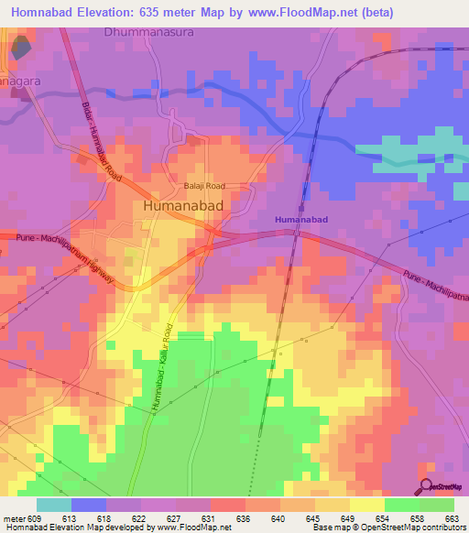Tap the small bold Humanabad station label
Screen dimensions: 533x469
click(301, 221)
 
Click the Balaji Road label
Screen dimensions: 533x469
click(206, 185)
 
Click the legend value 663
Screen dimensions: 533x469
click(452, 519)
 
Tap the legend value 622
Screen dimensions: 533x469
click(140, 519)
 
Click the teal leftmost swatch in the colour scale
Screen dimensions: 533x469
click(54, 505)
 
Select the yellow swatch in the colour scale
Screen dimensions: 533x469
click(366, 505)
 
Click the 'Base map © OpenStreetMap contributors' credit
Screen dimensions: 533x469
click(387, 528)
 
